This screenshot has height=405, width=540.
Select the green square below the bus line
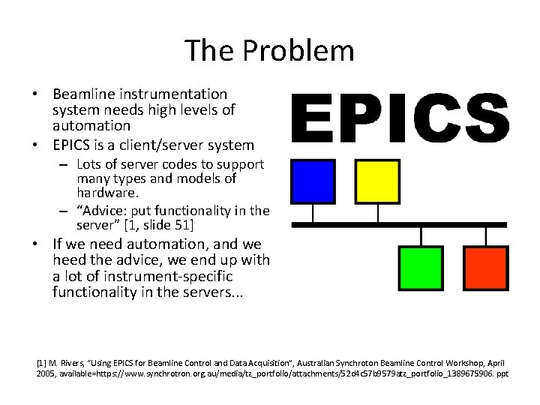(x=421, y=268)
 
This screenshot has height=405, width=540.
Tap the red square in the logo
(x=485, y=268)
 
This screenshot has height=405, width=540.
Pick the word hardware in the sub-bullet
(x=104, y=193)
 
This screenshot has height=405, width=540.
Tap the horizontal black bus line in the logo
(x=399, y=224)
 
